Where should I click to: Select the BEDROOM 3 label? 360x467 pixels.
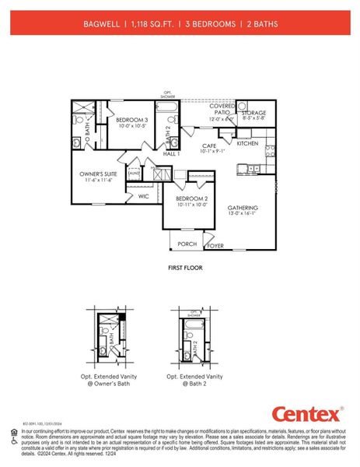pos(131,120)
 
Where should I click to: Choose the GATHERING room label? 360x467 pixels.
pos(243,208)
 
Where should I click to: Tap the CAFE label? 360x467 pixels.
pos(209,146)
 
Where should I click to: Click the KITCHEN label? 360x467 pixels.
pos(247,143)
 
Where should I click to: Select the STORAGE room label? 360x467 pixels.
pos(253,114)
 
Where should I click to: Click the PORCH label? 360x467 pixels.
pos(187,244)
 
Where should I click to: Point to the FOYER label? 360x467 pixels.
pos(215,245)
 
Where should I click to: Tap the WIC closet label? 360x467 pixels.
pos(144,196)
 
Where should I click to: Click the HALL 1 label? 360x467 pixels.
pos(172,154)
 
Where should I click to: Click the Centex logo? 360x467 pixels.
pos(305,413)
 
